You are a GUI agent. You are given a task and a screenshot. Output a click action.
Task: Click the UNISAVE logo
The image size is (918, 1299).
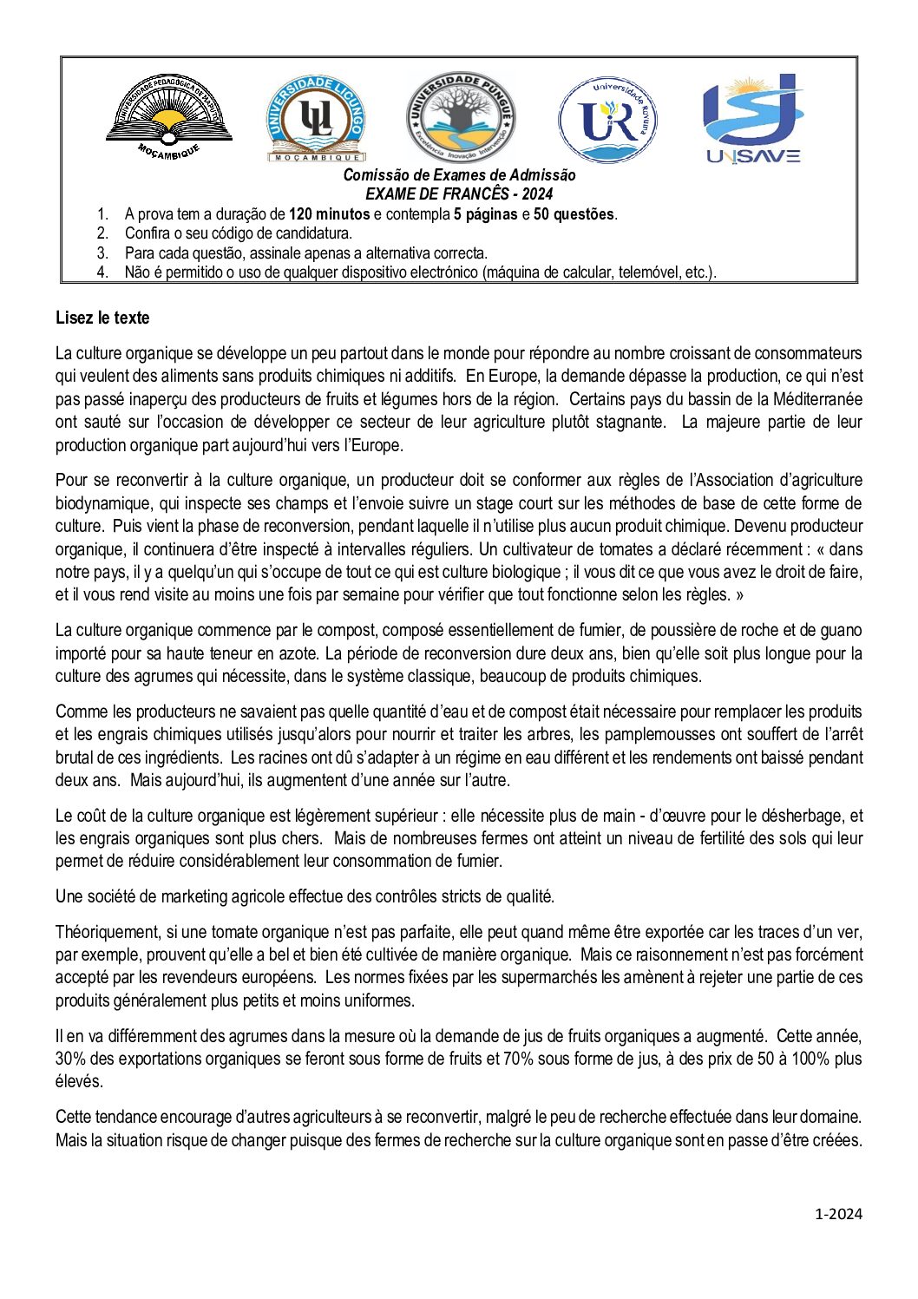[x=752, y=119]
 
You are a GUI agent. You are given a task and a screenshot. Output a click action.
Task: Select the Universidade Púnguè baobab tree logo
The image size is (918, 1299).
[x=460, y=117]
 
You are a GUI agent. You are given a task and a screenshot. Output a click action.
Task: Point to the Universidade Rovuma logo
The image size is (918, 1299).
[x=607, y=120]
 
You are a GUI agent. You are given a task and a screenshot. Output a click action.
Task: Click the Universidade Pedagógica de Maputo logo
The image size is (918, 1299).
[x=169, y=116]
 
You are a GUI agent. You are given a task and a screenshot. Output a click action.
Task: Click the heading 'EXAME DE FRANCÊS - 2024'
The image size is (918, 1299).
[x=459, y=194]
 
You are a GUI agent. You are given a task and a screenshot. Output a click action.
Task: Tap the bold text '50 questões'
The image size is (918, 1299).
[x=574, y=214]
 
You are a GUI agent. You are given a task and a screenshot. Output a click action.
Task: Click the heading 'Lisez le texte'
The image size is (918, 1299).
[x=102, y=318]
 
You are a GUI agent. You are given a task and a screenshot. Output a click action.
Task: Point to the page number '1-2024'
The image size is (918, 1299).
[x=838, y=1214]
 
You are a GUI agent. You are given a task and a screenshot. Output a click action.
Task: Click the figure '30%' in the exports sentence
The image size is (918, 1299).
[x=69, y=1059]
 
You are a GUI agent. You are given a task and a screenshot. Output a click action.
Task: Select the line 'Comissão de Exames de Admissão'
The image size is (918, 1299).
[x=459, y=174]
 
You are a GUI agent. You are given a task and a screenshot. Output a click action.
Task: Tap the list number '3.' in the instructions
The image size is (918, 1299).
[x=102, y=253]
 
